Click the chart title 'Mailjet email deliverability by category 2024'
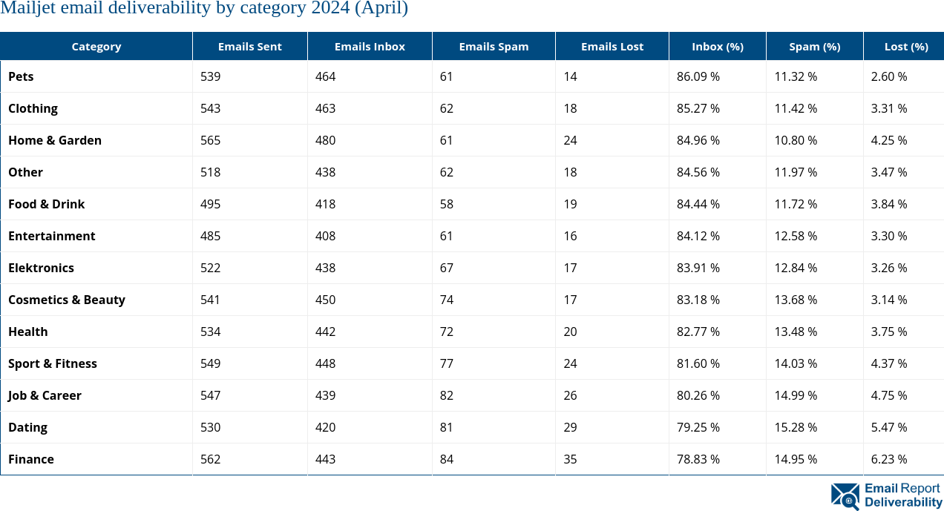click(204, 9)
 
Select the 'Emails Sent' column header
click(249, 46)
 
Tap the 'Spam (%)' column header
click(814, 46)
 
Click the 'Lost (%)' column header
click(905, 46)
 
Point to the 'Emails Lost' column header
click(612, 46)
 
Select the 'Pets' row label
click(21, 76)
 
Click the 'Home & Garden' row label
click(55, 140)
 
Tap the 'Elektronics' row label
click(41, 268)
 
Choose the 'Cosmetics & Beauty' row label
click(67, 300)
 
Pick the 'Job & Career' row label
click(45, 395)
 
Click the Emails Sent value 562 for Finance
click(211, 459)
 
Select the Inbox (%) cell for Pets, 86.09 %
click(698, 76)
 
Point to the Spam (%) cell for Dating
click(796, 427)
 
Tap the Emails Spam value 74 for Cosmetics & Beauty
click(446, 300)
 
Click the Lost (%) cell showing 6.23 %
click(889, 459)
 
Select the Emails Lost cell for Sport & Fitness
click(570, 363)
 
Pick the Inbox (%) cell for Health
click(698, 332)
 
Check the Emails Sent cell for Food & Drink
click(211, 204)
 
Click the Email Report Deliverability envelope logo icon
click(845, 495)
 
